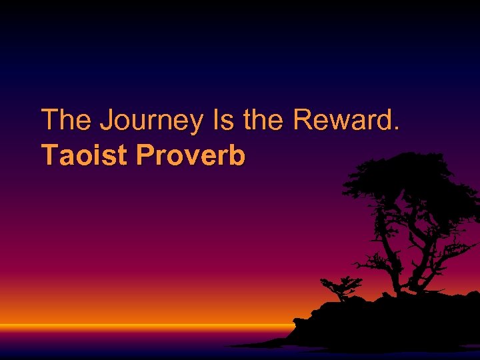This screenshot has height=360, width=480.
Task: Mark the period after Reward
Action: tap(398, 129)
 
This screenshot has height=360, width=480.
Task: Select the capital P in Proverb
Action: tap(145, 155)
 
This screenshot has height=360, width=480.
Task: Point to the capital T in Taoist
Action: tap(50, 155)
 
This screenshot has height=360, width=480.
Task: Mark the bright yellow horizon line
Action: tap(133, 326)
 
